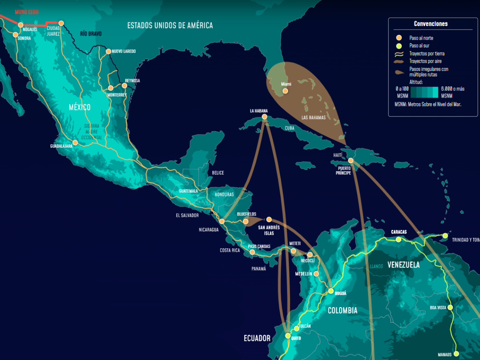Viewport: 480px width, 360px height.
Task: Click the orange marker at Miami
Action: [x=285, y=91]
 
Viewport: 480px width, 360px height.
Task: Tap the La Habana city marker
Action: [x=264, y=117]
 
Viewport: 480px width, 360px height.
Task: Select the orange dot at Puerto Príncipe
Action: [x=351, y=160]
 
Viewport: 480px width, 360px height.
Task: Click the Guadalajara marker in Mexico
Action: [x=75, y=142]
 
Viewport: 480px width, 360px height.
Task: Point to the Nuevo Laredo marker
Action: [x=108, y=51]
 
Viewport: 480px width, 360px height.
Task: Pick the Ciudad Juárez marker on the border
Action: [x=61, y=23]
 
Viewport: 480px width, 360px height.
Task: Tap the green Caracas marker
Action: [x=398, y=240]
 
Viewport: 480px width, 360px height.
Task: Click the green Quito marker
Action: [x=288, y=336]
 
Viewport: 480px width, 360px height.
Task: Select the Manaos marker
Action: [x=456, y=354]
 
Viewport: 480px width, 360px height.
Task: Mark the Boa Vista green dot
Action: [x=450, y=308]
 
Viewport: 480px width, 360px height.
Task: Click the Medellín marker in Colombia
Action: [x=316, y=274]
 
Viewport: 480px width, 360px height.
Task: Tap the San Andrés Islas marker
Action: [x=269, y=219]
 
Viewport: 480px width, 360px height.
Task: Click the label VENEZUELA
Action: [x=403, y=265]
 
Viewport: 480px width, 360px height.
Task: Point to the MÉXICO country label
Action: [x=80, y=107]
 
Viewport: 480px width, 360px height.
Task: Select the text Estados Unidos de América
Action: [x=170, y=26]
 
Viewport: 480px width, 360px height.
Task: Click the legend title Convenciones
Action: [x=430, y=24]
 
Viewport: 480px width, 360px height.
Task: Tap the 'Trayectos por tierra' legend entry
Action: [x=426, y=54]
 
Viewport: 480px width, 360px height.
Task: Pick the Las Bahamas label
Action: [x=314, y=118]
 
